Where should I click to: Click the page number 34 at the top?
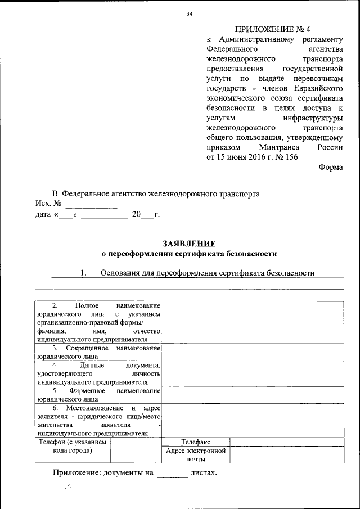point(190,14)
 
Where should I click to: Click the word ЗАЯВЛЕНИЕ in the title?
point(189,244)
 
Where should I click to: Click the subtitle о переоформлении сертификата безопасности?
point(189,254)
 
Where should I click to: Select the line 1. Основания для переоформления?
point(197,273)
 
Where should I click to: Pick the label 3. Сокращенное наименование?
point(99,353)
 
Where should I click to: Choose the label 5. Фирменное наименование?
point(99,394)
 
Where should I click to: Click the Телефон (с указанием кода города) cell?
point(73,447)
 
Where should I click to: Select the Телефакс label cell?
point(196,442)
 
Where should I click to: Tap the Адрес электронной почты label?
point(196,455)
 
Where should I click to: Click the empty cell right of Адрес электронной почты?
point(286,455)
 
